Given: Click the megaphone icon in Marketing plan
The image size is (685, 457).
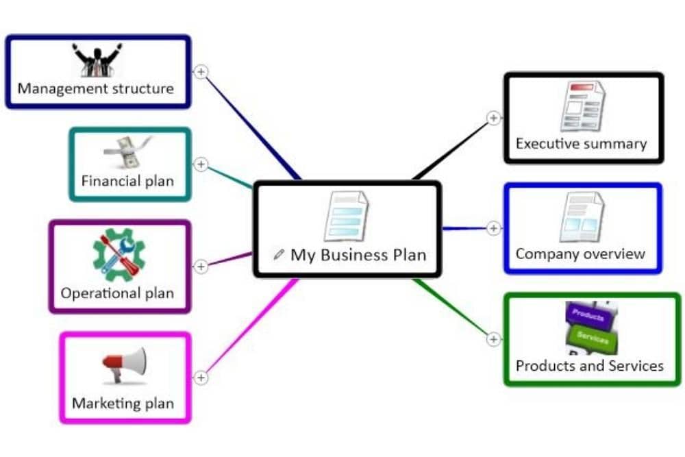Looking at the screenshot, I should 125,365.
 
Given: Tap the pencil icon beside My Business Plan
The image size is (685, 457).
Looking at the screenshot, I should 278,255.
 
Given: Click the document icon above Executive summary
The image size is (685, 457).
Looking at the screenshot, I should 582,106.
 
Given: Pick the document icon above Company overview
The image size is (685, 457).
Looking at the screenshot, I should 582,217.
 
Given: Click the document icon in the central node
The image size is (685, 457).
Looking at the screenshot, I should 346,216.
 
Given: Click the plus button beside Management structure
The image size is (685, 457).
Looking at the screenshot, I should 201,72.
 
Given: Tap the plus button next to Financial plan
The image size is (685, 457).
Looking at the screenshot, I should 201,164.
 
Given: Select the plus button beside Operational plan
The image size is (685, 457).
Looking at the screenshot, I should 201,267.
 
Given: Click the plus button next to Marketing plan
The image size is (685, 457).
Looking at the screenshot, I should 201,378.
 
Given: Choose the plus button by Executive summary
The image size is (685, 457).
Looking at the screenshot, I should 494,119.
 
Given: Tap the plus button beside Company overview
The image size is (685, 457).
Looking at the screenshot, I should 494,228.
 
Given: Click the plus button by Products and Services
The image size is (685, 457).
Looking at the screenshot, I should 494,339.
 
